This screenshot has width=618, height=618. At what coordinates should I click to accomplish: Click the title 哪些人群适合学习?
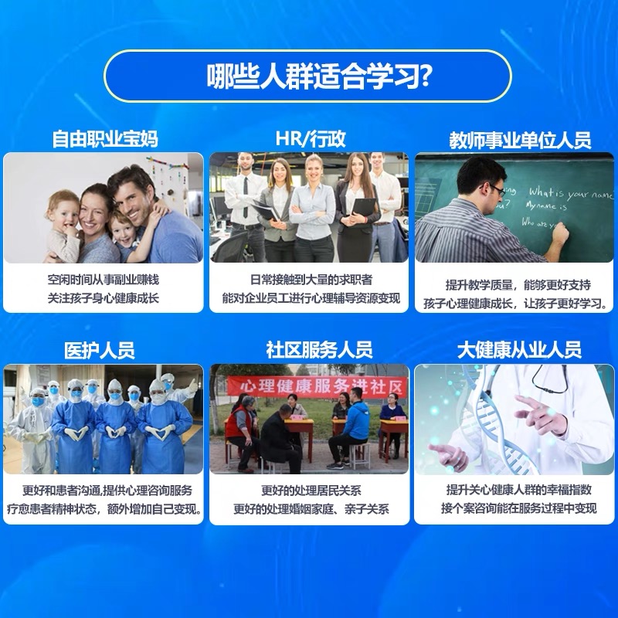pyautogui.click(x=317, y=76)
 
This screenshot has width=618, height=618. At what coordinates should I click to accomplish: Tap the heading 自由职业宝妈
pyautogui.click(x=105, y=139)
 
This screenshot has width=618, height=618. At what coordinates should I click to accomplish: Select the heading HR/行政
pyautogui.click(x=311, y=139)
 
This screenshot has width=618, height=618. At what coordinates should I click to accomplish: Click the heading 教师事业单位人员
pyautogui.click(x=520, y=140)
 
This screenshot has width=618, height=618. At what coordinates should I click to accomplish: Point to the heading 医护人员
pyautogui.click(x=100, y=351)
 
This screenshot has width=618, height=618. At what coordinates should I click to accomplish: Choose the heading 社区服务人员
pyautogui.click(x=319, y=350)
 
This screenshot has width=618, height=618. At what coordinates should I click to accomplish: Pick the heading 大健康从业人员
pyautogui.click(x=519, y=350)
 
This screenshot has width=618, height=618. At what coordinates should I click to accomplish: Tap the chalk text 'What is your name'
pyautogui.click(x=571, y=194)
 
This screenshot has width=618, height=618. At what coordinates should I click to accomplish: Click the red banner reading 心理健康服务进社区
pyautogui.click(x=317, y=386)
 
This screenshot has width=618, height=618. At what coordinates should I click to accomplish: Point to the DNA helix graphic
pyautogui.click(x=498, y=422)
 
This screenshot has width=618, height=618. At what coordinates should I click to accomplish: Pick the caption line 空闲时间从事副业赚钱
pyautogui.click(x=104, y=280)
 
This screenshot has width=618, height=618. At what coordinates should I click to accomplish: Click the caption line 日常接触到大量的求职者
pyautogui.click(x=311, y=280)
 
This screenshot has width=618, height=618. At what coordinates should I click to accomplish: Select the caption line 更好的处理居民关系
pyautogui.click(x=311, y=491)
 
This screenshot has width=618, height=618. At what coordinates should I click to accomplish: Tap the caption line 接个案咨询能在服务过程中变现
pyautogui.click(x=518, y=508)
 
